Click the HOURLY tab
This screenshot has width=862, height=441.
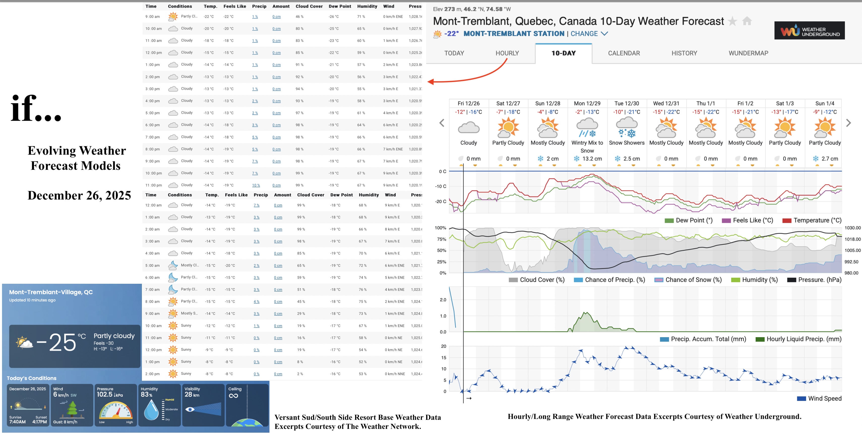507,53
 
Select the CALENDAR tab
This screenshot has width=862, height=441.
624,53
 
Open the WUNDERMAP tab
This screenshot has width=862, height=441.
748,53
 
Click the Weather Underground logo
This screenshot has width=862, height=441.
809,31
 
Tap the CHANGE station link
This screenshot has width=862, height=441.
584,34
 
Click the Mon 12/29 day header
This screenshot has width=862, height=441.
587,103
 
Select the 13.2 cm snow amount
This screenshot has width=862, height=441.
592,159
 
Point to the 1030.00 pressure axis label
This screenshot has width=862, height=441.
852,228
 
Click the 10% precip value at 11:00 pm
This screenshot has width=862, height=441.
256,185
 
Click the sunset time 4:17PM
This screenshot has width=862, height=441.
40,422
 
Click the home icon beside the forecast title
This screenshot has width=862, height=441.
747,21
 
